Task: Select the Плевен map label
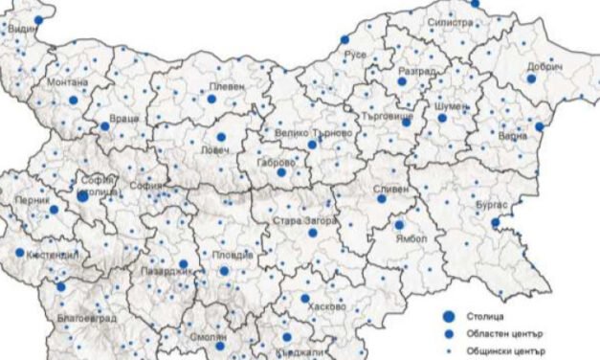coord(229,85)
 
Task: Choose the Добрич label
coord(544,66)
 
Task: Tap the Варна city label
coord(514,136)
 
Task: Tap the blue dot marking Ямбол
coord(398,225)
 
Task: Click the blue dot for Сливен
coord(381,198)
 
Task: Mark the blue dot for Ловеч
coord(221,137)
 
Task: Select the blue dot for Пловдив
coord(224,270)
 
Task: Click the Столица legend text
coord(486,314)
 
